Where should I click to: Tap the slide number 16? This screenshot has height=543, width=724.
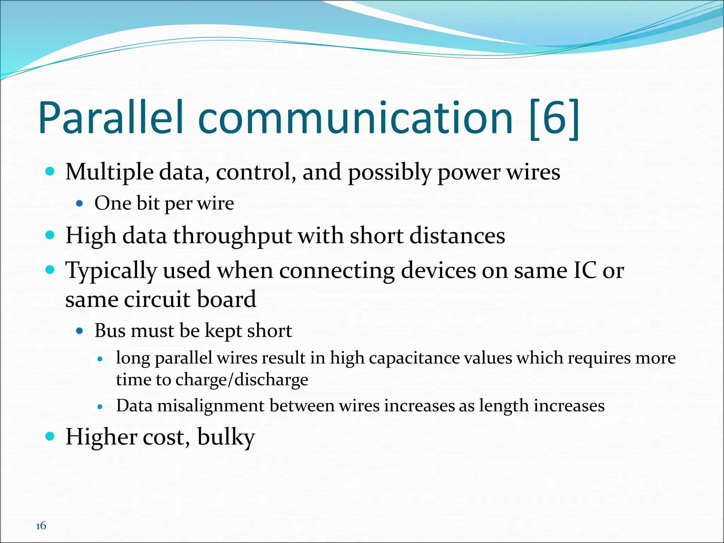41,526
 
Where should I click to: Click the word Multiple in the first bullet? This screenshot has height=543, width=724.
109,173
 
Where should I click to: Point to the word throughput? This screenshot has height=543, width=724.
232,237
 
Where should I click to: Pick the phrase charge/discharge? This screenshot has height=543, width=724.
242,380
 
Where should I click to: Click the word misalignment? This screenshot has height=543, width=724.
211,406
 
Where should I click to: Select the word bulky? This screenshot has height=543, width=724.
226,437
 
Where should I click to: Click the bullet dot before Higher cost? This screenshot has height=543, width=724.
50,436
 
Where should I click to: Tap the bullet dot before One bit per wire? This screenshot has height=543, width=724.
80,204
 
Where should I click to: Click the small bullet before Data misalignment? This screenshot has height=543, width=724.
100,407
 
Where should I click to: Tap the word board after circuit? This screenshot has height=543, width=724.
226,299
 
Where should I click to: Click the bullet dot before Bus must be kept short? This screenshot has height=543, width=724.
80,331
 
